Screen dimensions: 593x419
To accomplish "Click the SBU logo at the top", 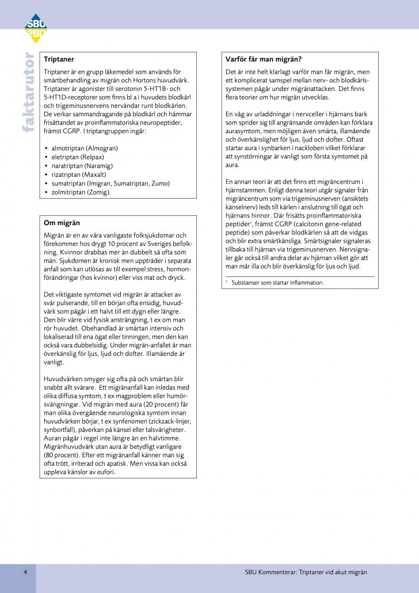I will (35, 28).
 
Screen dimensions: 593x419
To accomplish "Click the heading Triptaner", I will (59, 59).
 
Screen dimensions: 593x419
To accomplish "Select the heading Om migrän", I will (62, 222).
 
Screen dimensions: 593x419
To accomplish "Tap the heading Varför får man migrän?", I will (264, 59).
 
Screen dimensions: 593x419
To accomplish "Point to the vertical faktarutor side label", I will (28, 92).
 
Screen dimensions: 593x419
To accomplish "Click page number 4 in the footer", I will (25, 572).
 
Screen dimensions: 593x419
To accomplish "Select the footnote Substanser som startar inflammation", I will (277, 283).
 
